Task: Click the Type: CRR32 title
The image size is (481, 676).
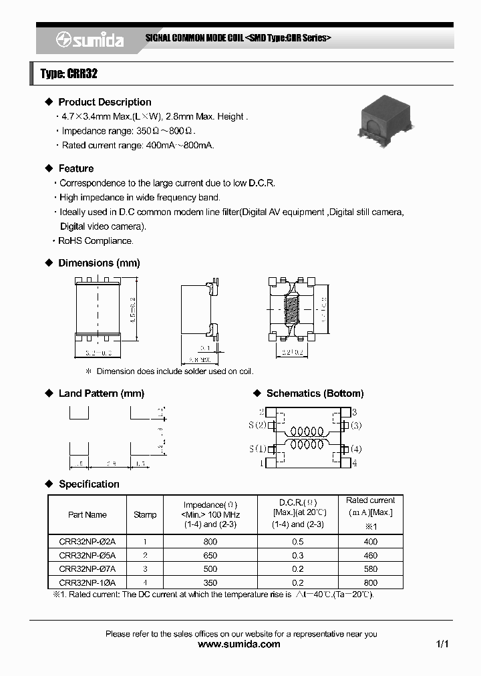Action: tap(69, 74)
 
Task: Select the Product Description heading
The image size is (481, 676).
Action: tap(104, 102)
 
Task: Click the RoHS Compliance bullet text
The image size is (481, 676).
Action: tap(96, 241)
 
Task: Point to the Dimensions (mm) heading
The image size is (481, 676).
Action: tap(99, 263)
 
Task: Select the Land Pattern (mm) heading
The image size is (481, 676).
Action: tap(101, 393)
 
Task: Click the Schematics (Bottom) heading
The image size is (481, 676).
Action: tap(315, 393)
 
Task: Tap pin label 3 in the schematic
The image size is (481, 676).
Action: tap(354, 412)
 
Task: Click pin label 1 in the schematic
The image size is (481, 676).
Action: tap(261, 462)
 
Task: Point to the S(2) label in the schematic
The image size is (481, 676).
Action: tap(258, 425)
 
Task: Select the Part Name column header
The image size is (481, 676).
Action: tap(87, 514)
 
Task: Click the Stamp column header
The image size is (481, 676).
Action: tap(145, 514)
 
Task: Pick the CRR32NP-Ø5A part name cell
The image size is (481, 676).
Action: tap(87, 555)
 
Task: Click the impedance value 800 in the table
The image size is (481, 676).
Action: tap(210, 542)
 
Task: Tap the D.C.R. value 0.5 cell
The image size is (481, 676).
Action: tap(297, 542)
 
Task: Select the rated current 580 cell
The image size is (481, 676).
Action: tap(371, 569)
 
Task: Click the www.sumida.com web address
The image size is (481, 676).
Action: tap(240, 645)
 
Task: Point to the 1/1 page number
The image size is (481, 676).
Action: tap(442, 645)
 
